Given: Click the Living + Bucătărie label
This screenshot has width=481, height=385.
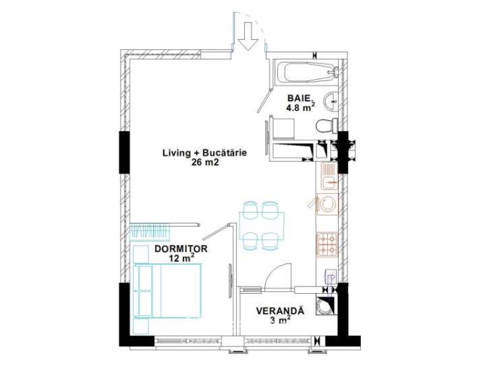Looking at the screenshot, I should pyautogui.click(x=204, y=153).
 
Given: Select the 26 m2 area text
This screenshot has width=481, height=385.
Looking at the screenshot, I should pyautogui.click(x=205, y=163).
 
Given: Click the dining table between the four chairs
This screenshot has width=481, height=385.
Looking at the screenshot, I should pyautogui.click(x=261, y=224).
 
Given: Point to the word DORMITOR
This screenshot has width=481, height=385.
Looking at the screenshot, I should pyautogui.click(x=180, y=249).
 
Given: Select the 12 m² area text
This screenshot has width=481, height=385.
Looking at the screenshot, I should pyautogui.click(x=181, y=258).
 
